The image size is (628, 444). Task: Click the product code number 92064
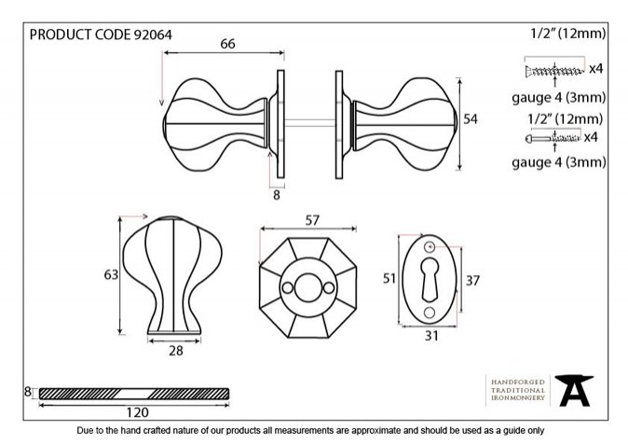[153, 35]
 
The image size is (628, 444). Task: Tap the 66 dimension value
[227, 44]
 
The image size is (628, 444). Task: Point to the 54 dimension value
[471, 119]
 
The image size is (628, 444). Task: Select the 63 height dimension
[111, 275]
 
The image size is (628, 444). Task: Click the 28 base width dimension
[176, 351]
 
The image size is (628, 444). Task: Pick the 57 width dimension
[312, 220]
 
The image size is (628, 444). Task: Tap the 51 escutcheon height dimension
[389, 278]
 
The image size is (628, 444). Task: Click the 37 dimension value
[472, 281]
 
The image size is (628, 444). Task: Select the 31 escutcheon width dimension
[431, 336]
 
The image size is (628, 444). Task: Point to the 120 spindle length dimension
[137, 412]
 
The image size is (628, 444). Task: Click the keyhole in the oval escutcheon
[430, 279]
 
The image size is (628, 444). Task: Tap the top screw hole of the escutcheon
[430, 246]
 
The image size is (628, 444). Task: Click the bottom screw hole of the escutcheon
[430, 312]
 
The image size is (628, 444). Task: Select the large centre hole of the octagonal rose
[307, 287]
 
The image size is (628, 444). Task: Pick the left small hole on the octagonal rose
[288, 287]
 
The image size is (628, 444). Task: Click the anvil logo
[574, 391]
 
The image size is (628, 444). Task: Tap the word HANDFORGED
[518, 382]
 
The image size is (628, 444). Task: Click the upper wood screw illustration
[553, 72]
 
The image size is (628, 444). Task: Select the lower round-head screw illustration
[553, 139]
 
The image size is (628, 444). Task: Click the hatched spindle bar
[134, 394]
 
